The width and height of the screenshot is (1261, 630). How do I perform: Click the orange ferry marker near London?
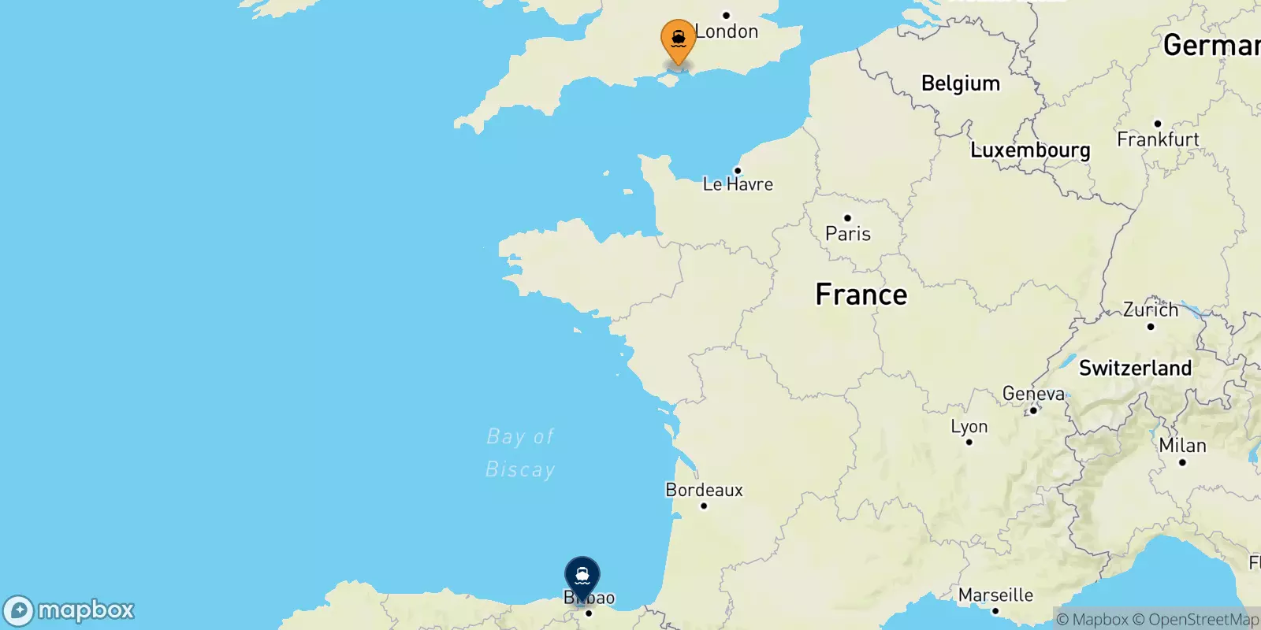pos(678,39)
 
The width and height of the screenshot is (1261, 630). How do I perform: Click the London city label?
pos(727,31)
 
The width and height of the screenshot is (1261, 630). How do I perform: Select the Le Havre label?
pos(738,184)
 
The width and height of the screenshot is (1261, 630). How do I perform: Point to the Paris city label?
pos(848,234)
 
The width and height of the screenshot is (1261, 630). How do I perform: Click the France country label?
pos(861,295)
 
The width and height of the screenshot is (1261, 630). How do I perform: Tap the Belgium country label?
pos(961,83)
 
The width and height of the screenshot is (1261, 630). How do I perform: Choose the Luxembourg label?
pos(1030,150)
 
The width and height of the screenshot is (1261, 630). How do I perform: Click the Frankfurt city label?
pos(1158,139)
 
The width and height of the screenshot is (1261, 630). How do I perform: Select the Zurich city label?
pos(1151,309)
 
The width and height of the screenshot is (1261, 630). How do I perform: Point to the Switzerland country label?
pos(1135,368)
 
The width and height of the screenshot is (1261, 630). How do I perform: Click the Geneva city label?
pos(1033,393)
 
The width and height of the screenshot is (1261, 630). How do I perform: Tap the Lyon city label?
pos(969,426)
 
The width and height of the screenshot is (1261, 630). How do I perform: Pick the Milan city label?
pos(1182,446)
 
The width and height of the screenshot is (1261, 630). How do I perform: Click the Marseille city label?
pos(995,595)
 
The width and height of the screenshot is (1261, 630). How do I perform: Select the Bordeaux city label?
pos(705,490)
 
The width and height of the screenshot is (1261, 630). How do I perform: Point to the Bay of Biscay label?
pos(520,453)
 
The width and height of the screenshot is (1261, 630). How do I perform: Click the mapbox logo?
pos(69,610)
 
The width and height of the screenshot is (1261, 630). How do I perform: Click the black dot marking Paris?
pos(847,218)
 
